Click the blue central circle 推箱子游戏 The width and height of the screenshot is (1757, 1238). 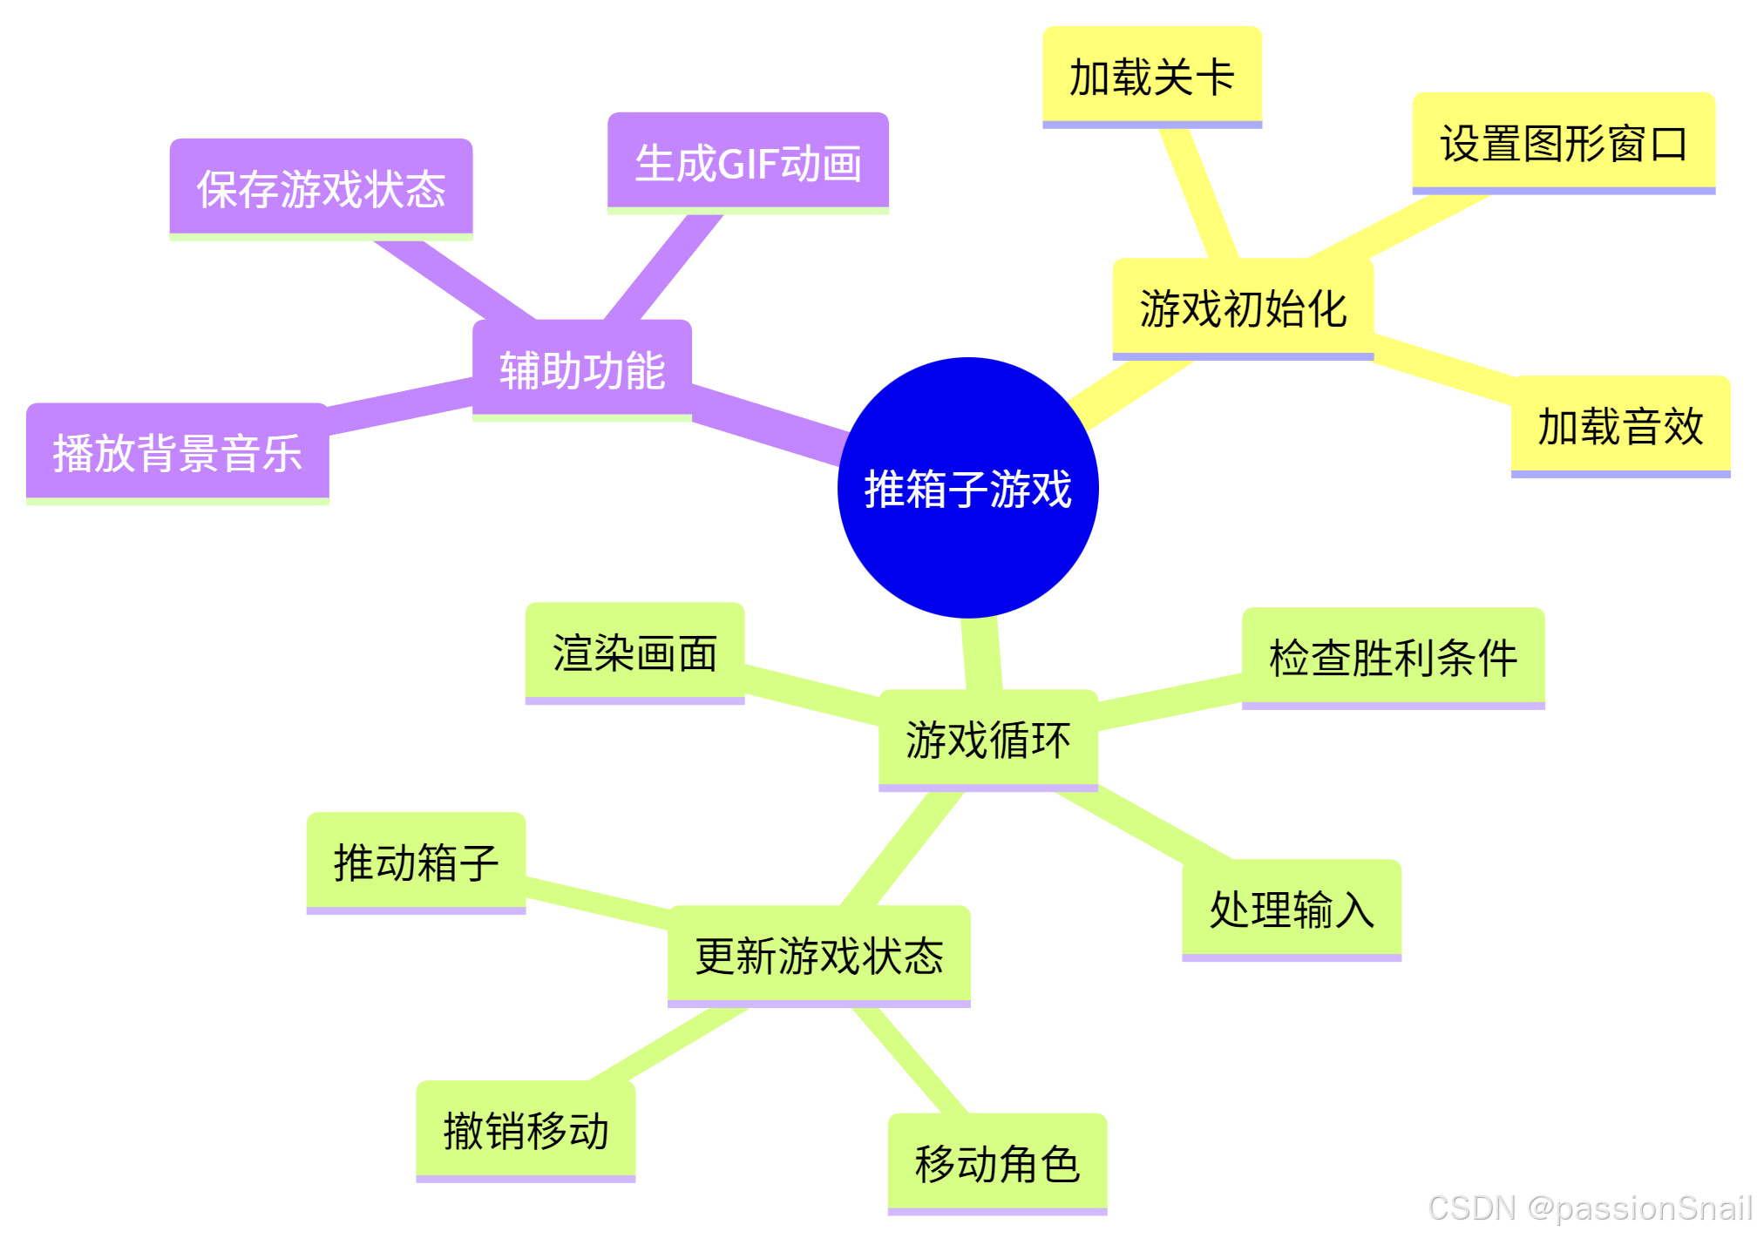[967, 488]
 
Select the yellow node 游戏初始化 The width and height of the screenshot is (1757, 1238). [1243, 308]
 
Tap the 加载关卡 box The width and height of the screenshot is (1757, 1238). [1151, 77]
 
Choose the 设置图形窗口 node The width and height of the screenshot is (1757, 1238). [1563, 143]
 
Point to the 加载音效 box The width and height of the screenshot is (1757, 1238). [1619, 426]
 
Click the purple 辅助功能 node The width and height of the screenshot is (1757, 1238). [581, 369]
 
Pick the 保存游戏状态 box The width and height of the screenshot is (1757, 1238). [321, 188]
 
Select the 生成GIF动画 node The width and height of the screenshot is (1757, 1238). [748, 162]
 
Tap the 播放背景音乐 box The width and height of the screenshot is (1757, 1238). [177, 452]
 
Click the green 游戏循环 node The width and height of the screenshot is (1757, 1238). [987, 740]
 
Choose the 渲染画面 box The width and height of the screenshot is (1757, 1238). [634, 653]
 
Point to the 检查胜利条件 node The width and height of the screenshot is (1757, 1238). [1393, 657]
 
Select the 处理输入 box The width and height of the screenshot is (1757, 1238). [1291, 910]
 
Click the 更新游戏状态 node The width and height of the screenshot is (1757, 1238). [818, 955]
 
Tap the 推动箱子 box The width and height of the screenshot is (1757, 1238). [416, 863]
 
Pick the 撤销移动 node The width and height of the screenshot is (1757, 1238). [526, 1131]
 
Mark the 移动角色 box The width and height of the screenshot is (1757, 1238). [997, 1163]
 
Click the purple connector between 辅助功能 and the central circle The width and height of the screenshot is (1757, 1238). [767, 423]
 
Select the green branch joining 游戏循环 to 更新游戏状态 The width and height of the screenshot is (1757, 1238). [902, 849]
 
